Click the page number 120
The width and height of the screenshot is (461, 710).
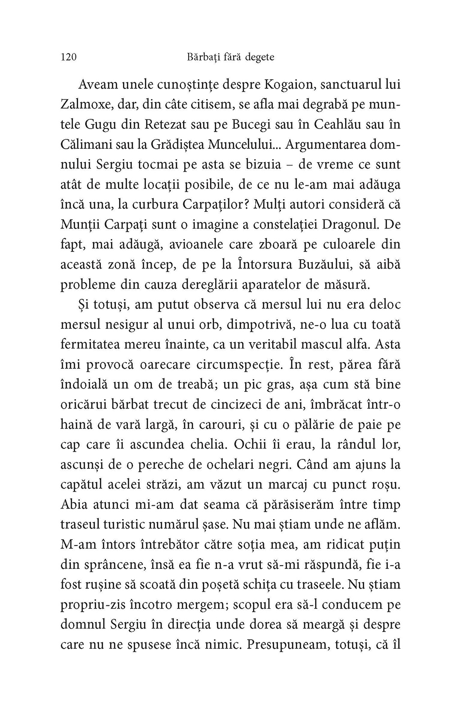click(x=68, y=58)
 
